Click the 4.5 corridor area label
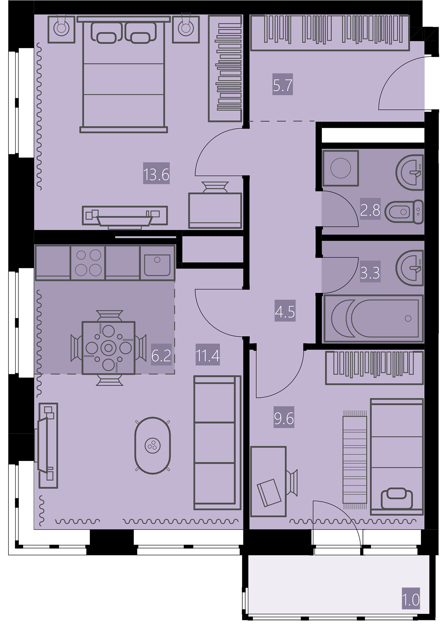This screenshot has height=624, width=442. click(285, 311)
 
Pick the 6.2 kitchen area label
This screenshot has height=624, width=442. click(161, 355)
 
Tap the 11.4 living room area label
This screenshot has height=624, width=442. click(208, 355)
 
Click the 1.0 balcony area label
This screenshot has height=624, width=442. click(411, 599)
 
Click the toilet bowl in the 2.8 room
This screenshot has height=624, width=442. click(404, 212)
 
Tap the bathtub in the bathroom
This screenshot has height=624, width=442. click(373, 318)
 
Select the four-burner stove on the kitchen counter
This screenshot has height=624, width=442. click(88, 262)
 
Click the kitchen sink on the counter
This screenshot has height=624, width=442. click(157, 262)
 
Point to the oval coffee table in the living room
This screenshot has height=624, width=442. click(153, 446)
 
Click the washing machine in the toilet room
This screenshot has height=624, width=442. click(341, 168)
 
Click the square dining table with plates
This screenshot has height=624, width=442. click(108, 348)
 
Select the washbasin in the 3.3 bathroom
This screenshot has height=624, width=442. click(410, 268)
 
